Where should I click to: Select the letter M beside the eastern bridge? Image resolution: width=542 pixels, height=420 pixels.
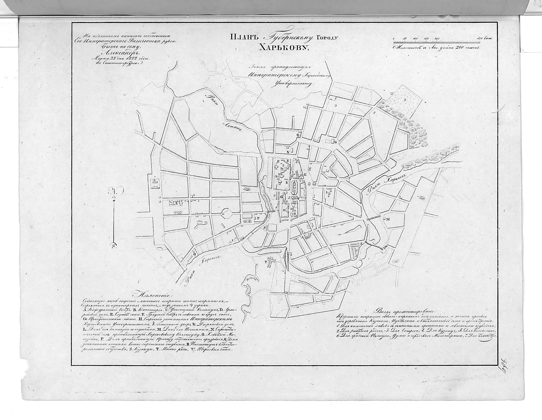coord(388,219)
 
